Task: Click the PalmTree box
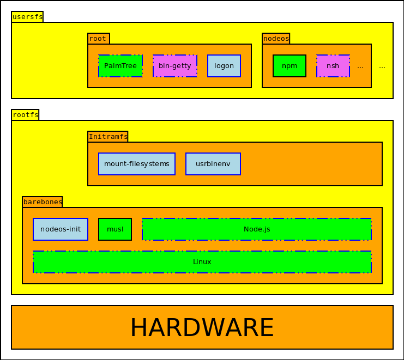pos(120,66)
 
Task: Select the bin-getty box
pos(175,66)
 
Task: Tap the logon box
pos(224,66)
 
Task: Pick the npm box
pos(290,66)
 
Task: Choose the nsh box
pos(333,66)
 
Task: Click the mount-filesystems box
pos(137,164)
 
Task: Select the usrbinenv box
pos(213,164)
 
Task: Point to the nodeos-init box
pos(61,229)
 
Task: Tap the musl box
pos(115,229)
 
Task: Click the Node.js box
pos(257,229)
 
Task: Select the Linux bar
pos(202,262)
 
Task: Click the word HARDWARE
pos(202,327)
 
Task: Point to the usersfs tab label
pos(27,17)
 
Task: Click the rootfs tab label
pos(25,115)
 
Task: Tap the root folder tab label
pos(98,39)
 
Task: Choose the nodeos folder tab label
pos(276,39)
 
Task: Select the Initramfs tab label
pos(108,137)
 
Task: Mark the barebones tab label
pos(43,202)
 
